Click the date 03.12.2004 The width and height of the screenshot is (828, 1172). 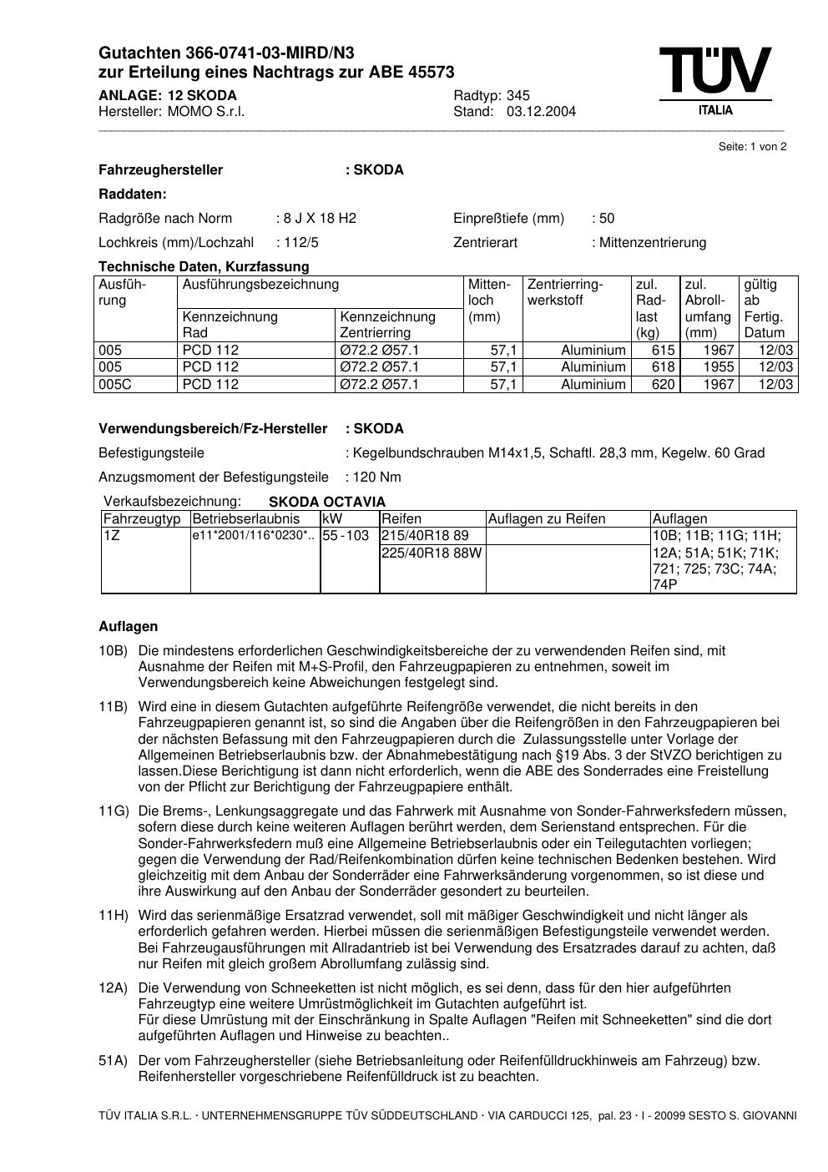point(541,112)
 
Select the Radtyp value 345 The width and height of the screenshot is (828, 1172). point(518,95)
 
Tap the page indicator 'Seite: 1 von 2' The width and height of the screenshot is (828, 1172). point(752,147)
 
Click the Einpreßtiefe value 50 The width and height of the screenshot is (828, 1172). point(607,219)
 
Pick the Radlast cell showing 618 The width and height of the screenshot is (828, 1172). point(664,367)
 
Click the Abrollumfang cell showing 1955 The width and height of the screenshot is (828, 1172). point(719,367)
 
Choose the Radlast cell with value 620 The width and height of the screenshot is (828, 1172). point(664,385)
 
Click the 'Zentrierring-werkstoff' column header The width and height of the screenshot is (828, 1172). point(565,292)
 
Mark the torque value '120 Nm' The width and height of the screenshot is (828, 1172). point(377,477)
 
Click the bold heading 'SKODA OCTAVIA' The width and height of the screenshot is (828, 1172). point(327,503)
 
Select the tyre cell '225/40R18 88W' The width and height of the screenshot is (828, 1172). point(432,553)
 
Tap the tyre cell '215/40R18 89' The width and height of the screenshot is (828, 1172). point(426,536)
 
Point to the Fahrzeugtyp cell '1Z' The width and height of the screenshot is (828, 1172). point(112,536)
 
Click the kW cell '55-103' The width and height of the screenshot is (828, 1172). point(346,536)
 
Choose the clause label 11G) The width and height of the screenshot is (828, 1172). point(114,811)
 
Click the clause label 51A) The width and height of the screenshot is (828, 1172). point(114,1061)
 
